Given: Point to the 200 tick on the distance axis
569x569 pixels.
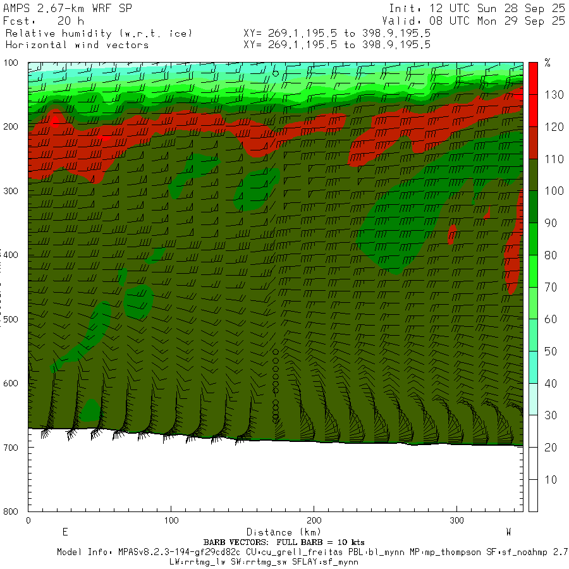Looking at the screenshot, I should coord(314,520).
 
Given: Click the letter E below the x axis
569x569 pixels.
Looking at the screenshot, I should coord(64,532).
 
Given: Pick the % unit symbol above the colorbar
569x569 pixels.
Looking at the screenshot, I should coord(548,63).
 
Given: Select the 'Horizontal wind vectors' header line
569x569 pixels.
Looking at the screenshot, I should coord(76,45).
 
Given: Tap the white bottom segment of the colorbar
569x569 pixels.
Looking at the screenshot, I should coord(533,479).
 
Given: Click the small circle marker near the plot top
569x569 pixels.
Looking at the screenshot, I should coord(276,73).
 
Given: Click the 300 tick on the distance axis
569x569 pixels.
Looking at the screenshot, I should coord(456,520).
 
